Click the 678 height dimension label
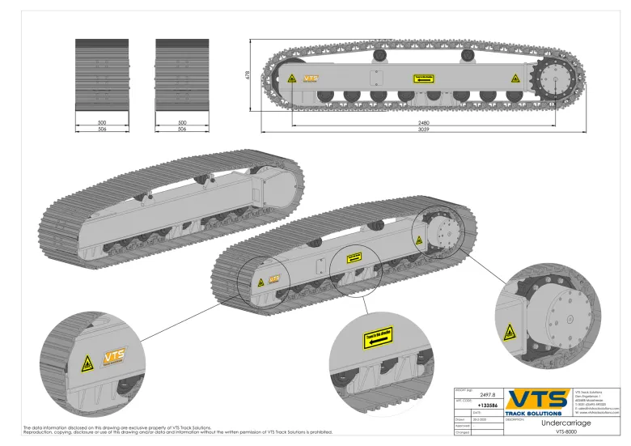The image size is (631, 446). [x=249, y=75]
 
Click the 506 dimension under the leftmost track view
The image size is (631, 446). [x=102, y=130]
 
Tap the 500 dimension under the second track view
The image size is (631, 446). [x=182, y=123]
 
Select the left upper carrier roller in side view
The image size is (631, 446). [x=379, y=55]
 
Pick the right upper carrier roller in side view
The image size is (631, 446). [x=467, y=55]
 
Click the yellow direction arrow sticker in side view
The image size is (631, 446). [x=424, y=78]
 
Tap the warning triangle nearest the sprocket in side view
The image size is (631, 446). [x=512, y=79]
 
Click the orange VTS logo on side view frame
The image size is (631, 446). [x=310, y=79]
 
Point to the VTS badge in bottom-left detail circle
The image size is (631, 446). [x=114, y=356]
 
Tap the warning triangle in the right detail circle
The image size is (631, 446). [x=510, y=332]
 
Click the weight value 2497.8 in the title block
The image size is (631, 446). [x=488, y=395]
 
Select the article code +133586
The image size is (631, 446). [x=488, y=404]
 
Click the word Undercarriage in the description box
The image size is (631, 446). [x=565, y=423]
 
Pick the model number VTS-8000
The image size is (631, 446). [x=565, y=432]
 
